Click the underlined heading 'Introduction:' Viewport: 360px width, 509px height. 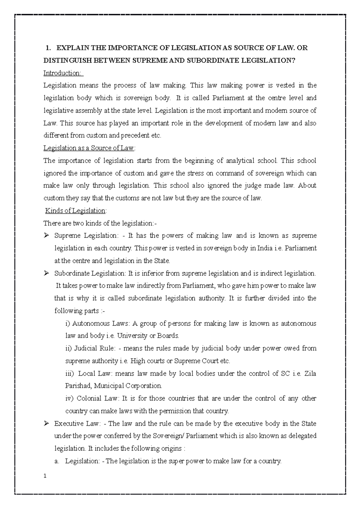click(x=63, y=73)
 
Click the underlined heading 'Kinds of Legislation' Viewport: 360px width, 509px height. click(x=75, y=211)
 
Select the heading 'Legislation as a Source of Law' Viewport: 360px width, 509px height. click(x=89, y=148)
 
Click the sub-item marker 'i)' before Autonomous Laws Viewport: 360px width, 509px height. click(x=67, y=323)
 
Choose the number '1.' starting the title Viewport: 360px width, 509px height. click(x=47, y=48)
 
